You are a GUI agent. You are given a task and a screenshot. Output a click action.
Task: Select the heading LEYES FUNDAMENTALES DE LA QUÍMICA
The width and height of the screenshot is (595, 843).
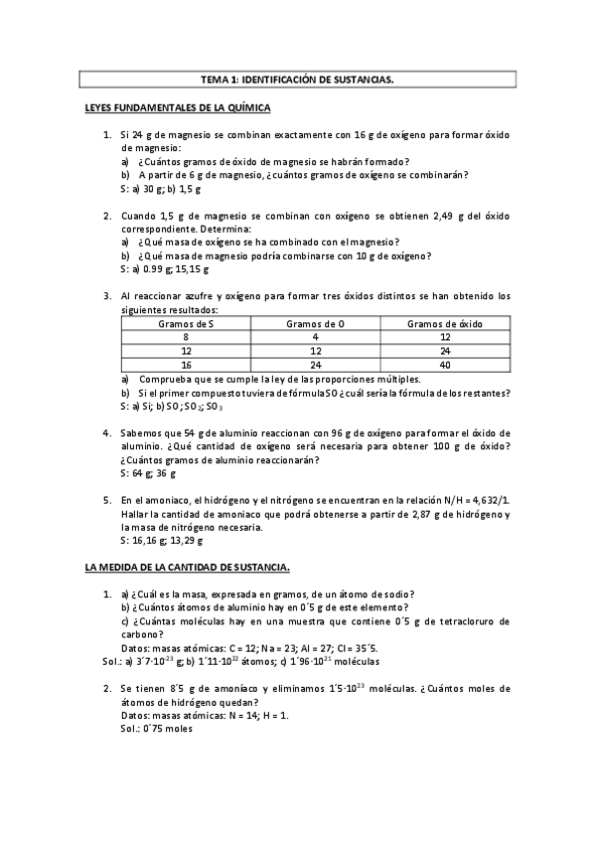click(x=178, y=107)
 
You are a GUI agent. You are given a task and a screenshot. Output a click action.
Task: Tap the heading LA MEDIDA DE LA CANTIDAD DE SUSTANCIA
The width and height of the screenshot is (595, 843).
click(x=188, y=568)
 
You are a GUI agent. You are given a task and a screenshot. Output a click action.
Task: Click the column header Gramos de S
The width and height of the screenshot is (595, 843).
click(x=186, y=323)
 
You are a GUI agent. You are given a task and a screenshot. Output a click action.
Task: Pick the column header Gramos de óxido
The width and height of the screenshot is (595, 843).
click(x=444, y=323)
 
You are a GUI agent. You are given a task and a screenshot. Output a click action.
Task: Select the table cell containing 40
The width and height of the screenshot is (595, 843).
click(x=444, y=365)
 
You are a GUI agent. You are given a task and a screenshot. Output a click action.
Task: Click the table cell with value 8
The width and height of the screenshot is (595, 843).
click(x=186, y=337)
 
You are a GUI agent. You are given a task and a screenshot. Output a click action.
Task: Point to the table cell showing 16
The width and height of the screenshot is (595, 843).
click(x=186, y=365)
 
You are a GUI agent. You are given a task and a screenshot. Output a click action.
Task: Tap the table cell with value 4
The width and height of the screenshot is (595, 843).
click(x=314, y=337)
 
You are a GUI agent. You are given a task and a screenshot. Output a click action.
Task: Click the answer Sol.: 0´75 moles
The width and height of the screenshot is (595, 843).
click(x=159, y=728)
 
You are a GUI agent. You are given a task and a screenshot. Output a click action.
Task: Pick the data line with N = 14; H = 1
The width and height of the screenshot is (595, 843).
click(x=205, y=715)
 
